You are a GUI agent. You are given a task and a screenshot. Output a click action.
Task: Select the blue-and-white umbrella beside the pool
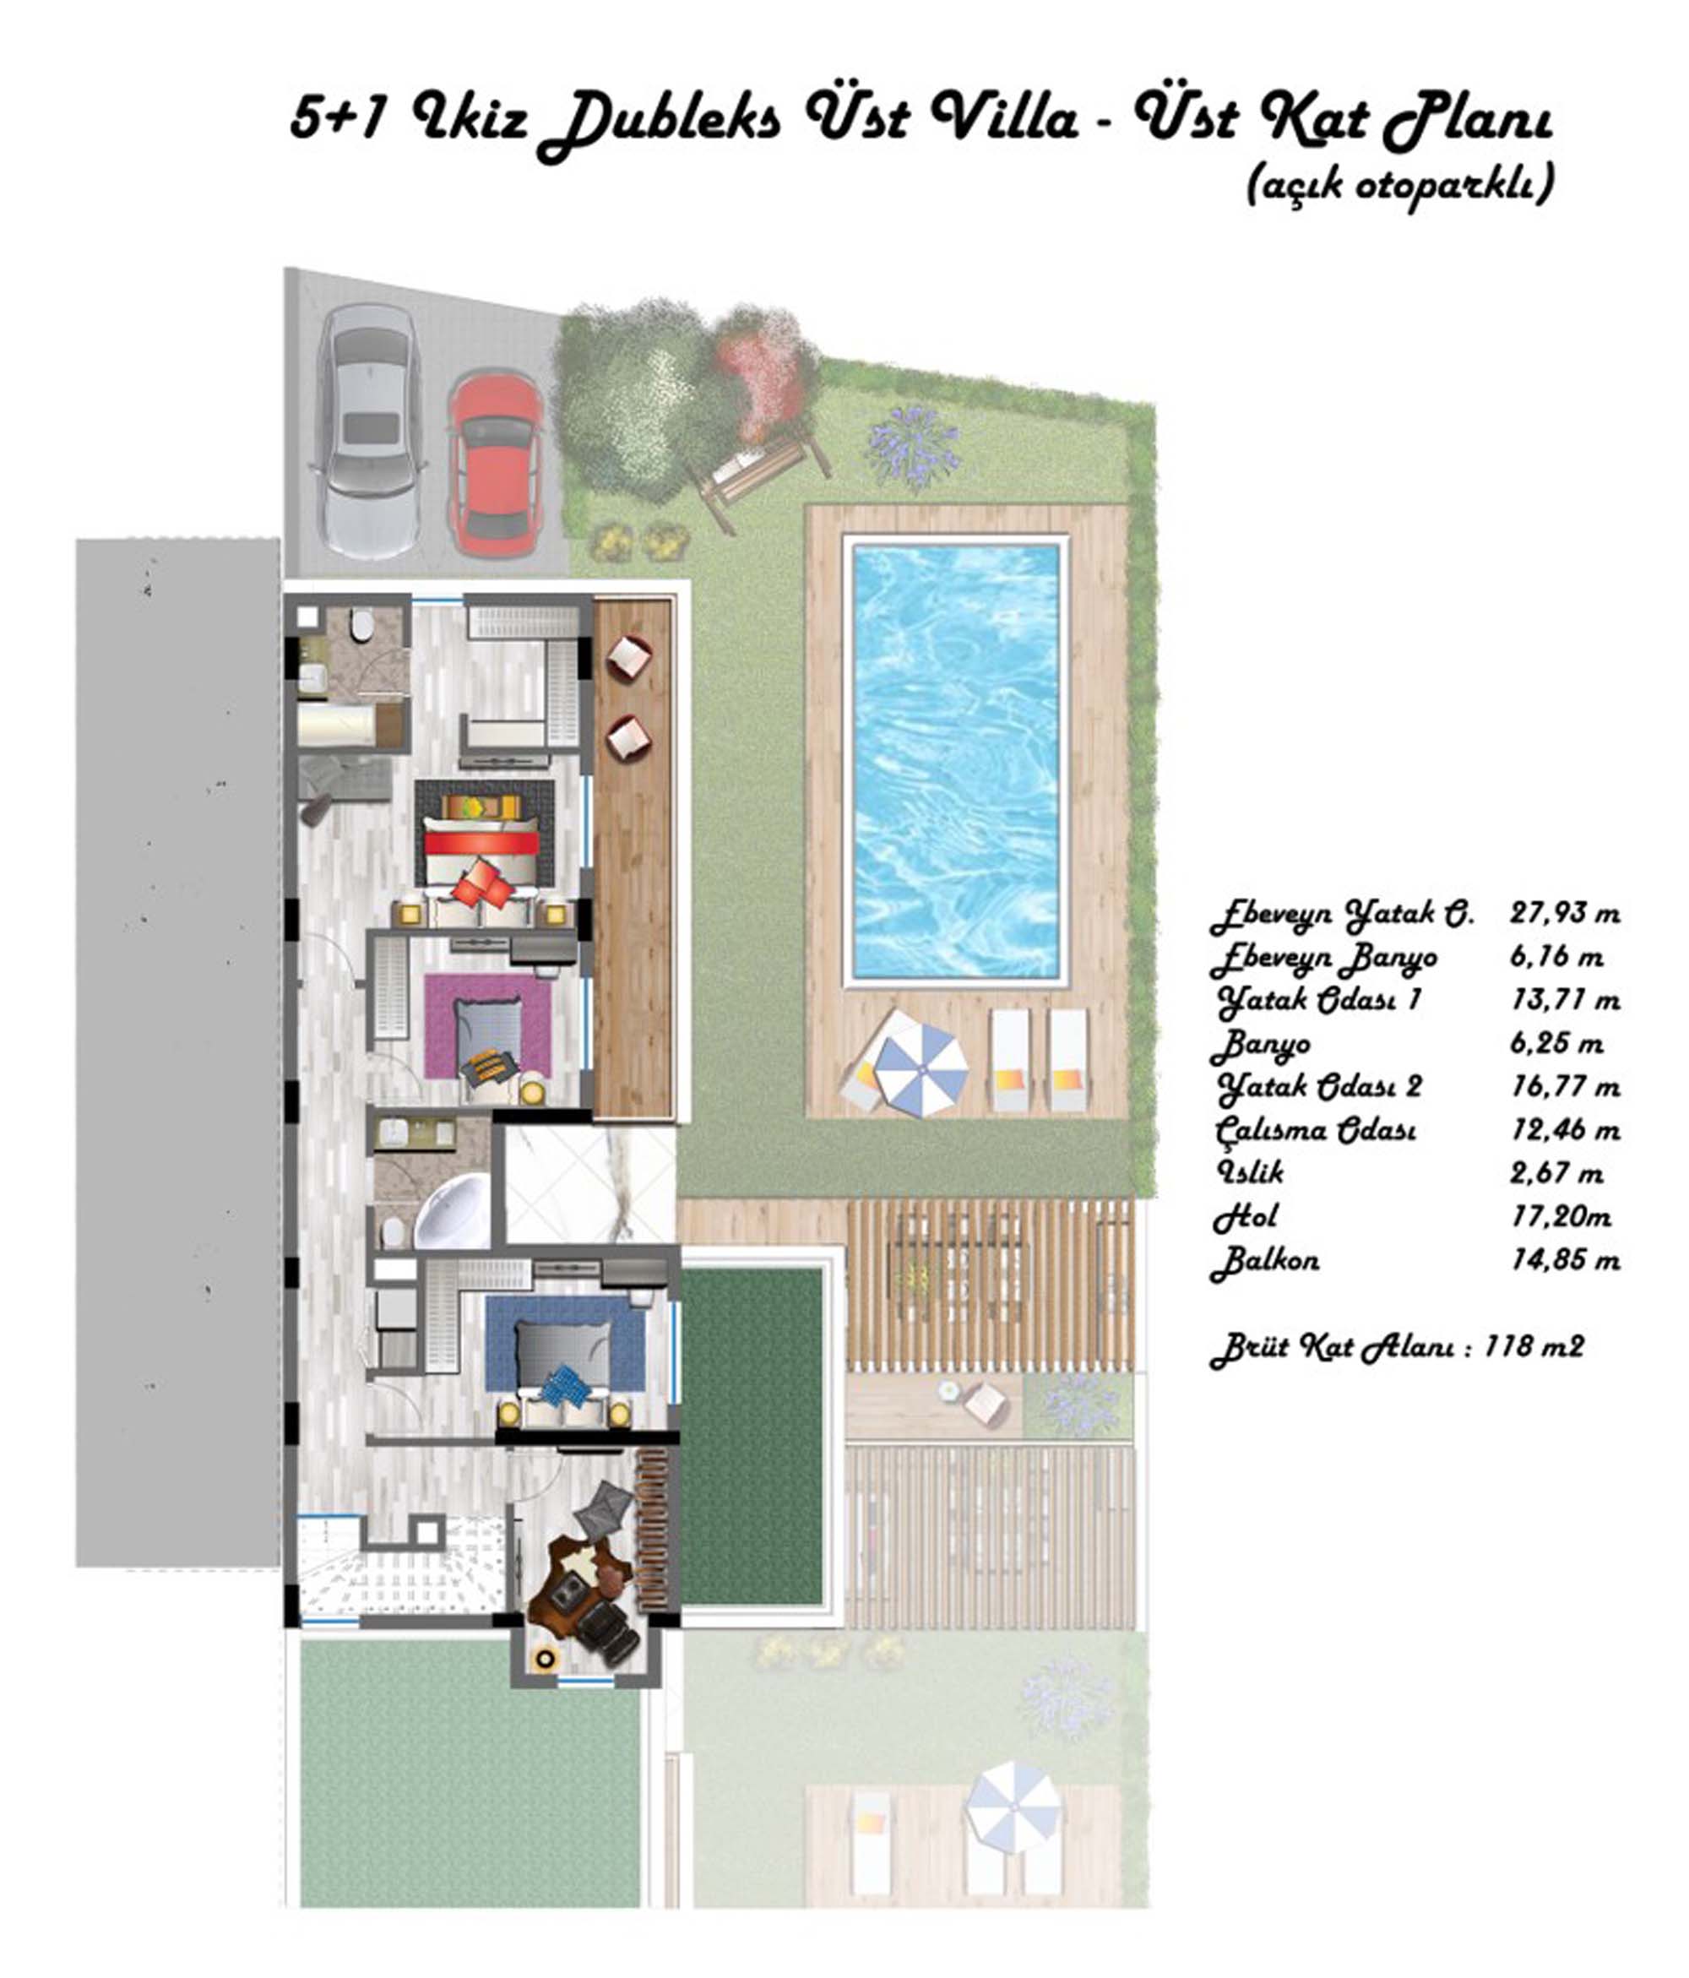921,1068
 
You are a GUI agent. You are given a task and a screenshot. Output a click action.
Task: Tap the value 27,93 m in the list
1565,914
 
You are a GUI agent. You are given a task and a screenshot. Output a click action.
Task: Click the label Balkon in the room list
1265,1262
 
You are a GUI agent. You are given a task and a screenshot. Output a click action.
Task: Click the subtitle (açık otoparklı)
1399,185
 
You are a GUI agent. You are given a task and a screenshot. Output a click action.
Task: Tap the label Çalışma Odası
1315,1130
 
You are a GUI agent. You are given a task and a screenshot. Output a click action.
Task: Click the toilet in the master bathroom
361,626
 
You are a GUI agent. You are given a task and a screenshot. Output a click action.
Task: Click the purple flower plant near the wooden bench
914,445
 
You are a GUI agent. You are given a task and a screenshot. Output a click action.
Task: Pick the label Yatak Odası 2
1318,1087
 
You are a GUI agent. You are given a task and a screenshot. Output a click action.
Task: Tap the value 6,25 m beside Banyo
1556,1043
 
